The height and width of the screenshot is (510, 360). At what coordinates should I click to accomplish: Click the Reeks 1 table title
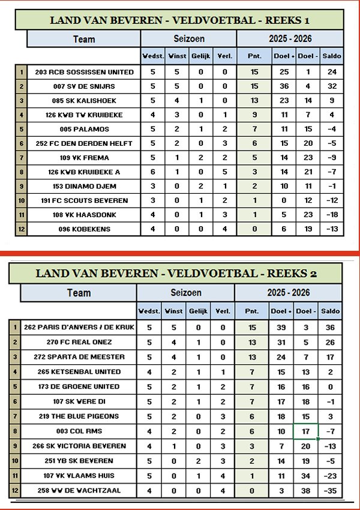pos(180,20)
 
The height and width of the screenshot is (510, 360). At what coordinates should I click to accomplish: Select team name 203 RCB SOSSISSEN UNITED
pos(80,72)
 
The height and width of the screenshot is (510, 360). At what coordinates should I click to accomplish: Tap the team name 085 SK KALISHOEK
pos(80,100)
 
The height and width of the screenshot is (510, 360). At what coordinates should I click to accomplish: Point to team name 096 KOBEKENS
pos(80,229)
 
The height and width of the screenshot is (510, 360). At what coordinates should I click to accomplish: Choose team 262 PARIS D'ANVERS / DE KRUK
pos(79,327)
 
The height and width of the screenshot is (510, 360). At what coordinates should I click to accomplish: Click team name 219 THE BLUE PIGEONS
pos(79,416)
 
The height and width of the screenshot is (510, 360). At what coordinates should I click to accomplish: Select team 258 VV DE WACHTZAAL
pos(79,490)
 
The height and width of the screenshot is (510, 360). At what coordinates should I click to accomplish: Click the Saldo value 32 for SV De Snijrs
pos(332,86)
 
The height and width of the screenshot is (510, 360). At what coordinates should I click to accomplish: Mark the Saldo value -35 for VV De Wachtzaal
pos(329,490)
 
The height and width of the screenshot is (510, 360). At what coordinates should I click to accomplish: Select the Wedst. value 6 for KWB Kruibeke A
pos(152,172)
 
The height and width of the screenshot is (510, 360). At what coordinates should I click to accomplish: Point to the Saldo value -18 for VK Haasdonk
pos(332,214)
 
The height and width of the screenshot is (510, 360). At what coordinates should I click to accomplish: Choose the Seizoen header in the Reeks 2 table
pos(185,293)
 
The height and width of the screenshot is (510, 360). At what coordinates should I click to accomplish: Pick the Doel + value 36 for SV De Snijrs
pos(284,86)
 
